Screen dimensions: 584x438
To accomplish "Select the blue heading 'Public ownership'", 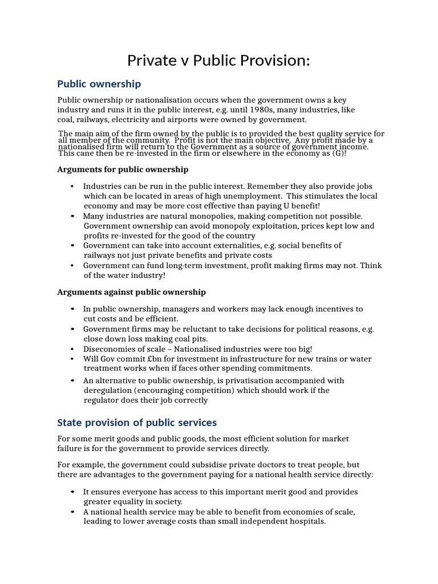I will (99, 84).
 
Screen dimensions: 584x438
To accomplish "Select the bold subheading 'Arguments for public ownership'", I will (123, 169).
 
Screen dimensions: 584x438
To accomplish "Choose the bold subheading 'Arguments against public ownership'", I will (131, 292).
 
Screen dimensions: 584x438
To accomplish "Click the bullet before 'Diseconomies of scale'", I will (72, 349).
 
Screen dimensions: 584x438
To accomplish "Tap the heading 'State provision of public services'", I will (137, 423).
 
